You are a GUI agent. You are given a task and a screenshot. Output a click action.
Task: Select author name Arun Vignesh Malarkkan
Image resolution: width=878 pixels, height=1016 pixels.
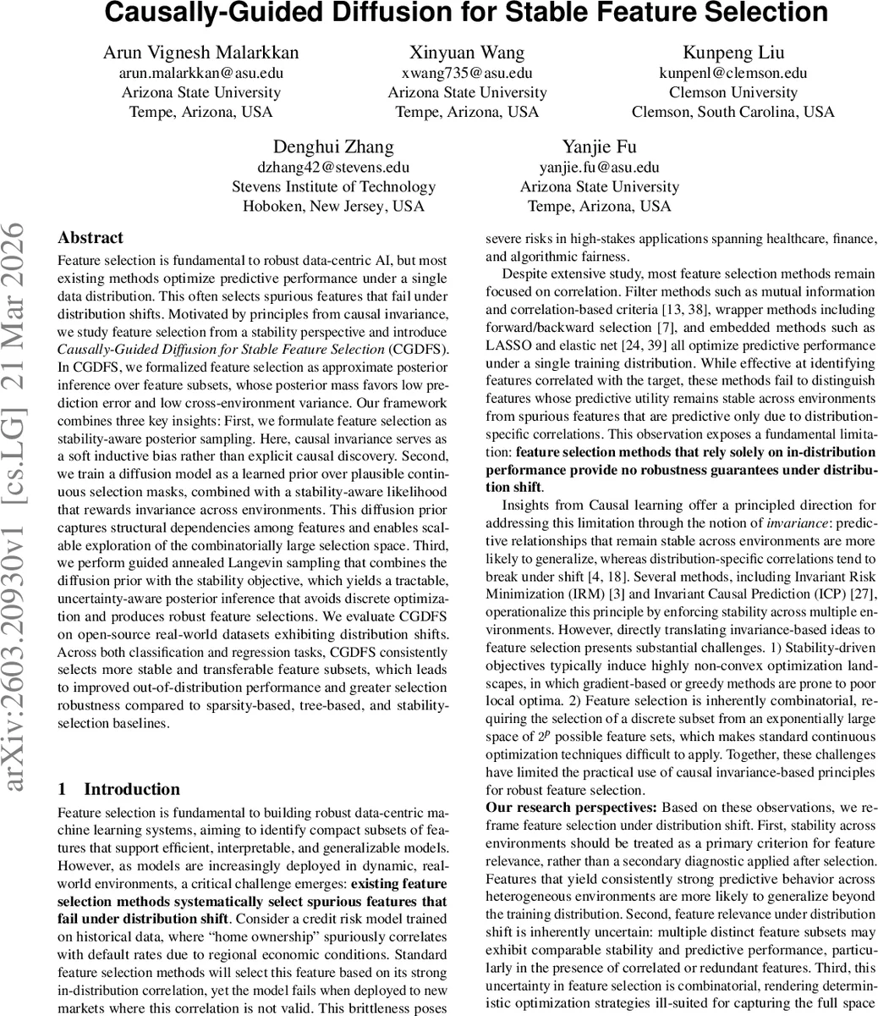200,52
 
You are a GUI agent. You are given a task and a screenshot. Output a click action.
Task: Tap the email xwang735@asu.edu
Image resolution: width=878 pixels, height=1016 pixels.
467,73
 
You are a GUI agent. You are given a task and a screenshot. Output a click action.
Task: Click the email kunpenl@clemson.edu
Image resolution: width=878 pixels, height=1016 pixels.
733,73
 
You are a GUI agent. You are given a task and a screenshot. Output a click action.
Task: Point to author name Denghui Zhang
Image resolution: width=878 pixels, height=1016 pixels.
333,146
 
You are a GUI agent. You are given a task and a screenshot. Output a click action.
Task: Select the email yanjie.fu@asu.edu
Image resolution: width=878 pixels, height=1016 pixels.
599,167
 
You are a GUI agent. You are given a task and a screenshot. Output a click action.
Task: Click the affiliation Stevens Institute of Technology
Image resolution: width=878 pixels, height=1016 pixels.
333,186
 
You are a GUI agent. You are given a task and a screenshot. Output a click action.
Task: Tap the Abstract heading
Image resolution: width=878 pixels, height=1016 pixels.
91,238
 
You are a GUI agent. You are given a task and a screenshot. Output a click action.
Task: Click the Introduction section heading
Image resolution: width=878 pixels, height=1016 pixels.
131,789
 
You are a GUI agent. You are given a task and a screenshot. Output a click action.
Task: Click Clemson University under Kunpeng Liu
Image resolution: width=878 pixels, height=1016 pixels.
733,92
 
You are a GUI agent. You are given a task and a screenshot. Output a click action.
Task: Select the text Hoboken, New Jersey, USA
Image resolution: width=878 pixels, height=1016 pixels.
333,206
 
